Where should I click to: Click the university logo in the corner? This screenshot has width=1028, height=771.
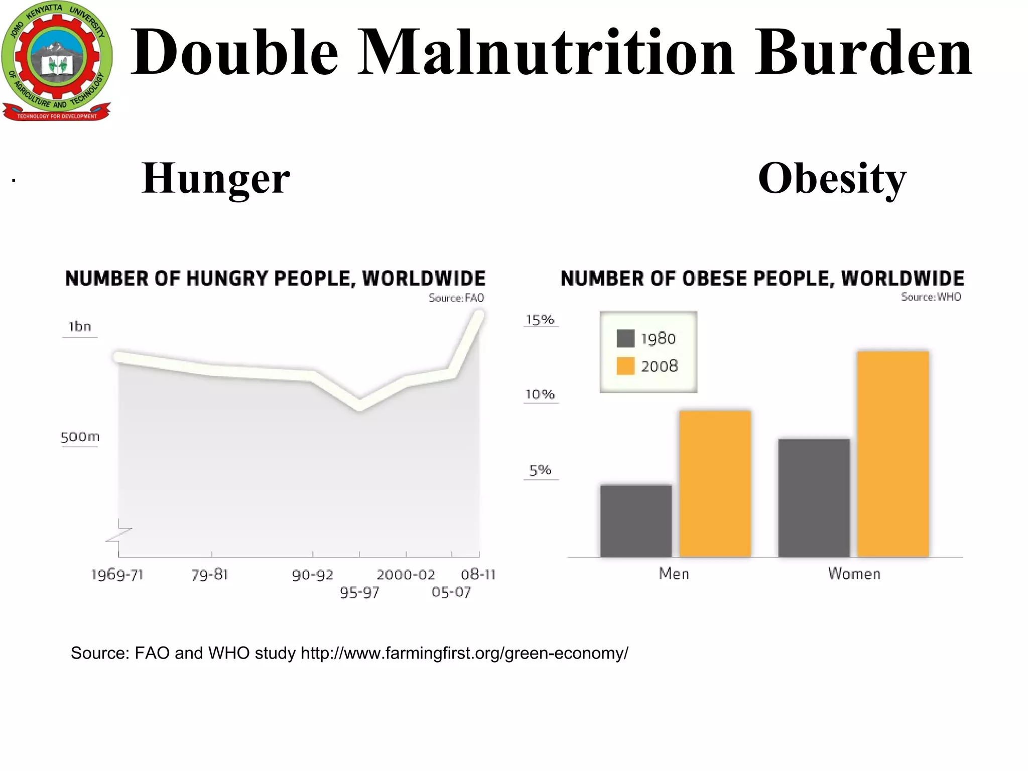point(56,61)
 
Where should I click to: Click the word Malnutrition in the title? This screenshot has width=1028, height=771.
point(545,53)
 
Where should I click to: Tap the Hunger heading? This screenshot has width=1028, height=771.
point(215,179)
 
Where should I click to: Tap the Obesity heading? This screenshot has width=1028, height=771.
point(832,179)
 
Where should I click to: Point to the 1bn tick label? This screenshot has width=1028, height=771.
point(80,327)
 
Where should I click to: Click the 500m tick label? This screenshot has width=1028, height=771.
point(80,437)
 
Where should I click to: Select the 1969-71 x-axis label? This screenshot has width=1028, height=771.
point(117,575)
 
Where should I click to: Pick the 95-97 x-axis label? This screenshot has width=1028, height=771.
point(359,593)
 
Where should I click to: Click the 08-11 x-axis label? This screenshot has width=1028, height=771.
point(477,574)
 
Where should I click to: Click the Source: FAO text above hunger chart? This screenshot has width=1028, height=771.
point(456,298)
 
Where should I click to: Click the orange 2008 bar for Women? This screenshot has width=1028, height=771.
point(892,454)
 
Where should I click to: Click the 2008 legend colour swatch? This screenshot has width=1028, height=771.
point(625,366)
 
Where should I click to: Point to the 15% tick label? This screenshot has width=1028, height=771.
point(540,320)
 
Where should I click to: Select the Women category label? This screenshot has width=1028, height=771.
point(854,574)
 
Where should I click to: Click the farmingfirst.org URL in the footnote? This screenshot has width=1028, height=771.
point(464,653)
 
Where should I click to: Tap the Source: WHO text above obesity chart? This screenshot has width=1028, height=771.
point(930,297)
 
